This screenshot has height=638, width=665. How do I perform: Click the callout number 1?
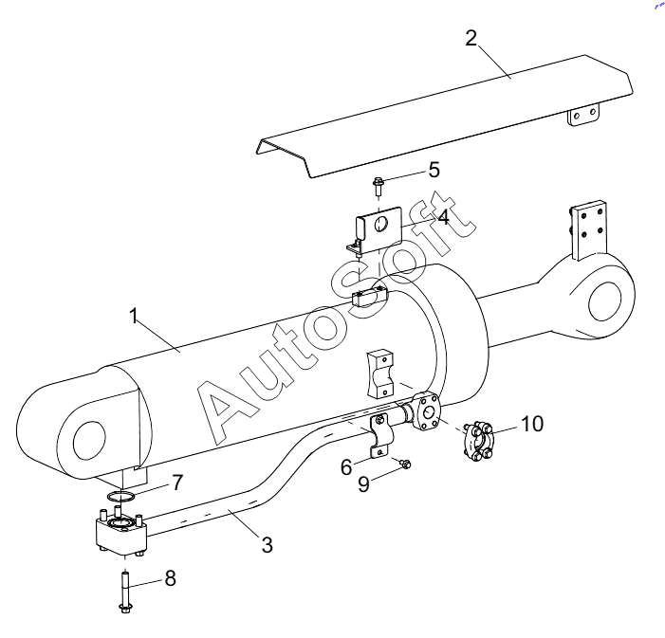pyautogui.click(x=134, y=317)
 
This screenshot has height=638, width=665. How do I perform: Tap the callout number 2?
pyautogui.click(x=471, y=39)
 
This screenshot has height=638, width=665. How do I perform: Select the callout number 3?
pyautogui.click(x=267, y=545)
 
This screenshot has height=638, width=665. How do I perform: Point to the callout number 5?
pyautogui.click(x=434, y=170)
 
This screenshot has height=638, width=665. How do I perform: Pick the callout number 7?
pyautogui.click(x=177, y=482)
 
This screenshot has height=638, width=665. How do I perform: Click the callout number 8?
pyautogui.click(x=171, y=578)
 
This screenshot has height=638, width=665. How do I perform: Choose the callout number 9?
pyautogui.click(x=363, y=484)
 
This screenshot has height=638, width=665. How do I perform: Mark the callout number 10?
pyautogui.click(x=532, y=424)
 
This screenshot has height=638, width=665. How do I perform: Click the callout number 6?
pyautogui.click(x=346, y=467)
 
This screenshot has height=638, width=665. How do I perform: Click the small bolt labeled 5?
pyautogui.click(x=377, y=187)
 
